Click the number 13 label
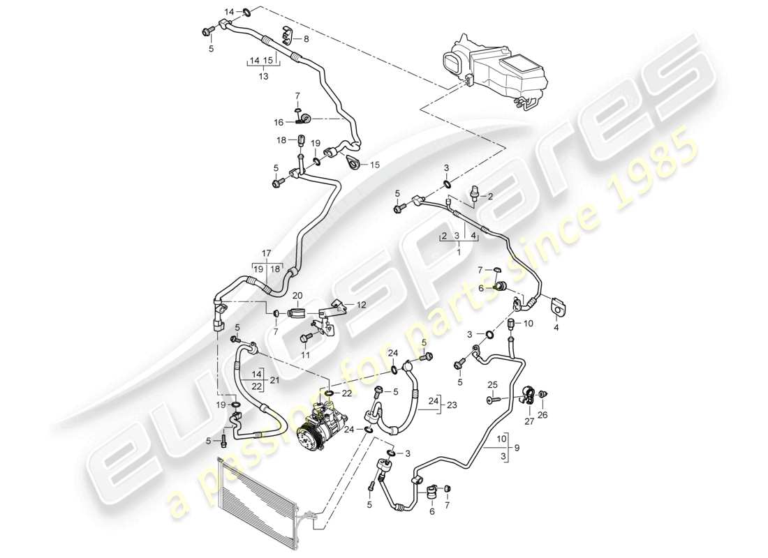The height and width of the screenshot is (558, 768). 263,76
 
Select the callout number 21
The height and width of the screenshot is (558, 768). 274,379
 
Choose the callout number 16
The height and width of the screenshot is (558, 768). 279,122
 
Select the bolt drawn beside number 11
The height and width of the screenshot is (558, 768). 304,339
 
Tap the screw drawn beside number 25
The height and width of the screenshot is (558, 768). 492,400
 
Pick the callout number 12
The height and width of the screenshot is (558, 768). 361,304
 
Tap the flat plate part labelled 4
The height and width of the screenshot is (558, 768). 559,306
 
